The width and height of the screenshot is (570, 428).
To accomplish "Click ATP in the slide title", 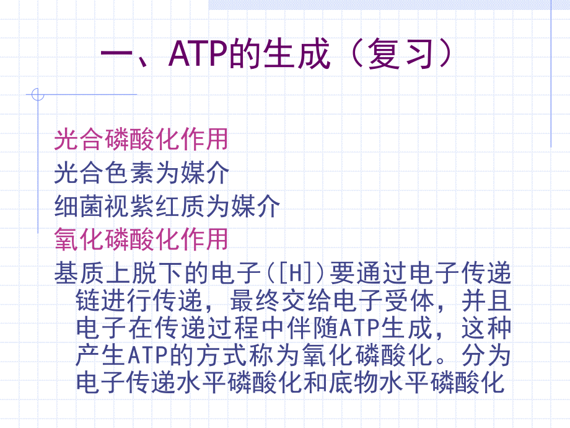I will (x=197, y=55).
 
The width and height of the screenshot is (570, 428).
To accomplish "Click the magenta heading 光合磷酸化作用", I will (x=141, y=140).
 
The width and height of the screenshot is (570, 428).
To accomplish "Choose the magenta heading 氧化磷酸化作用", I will (x=141, y=239).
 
